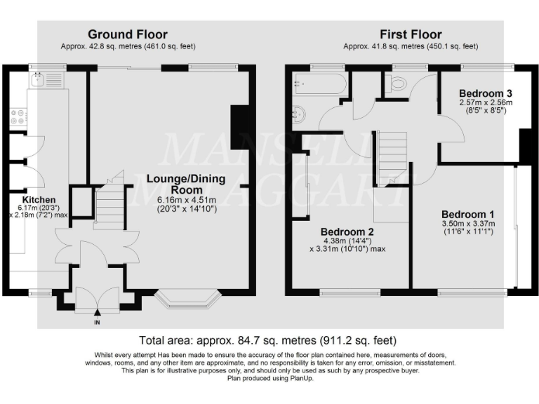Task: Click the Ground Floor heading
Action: point(128,34)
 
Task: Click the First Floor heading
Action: point(411,34)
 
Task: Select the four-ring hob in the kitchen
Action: point(18,117)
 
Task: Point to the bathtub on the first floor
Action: point(320,83)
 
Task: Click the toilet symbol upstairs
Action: point(396,83)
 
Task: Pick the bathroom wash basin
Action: point(298,114)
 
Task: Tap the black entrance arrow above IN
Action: point(98,312)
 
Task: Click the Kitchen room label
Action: point(39,200)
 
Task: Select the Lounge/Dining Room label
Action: point(186,184)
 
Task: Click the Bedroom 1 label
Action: point(468,215)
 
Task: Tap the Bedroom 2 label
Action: point(347,232)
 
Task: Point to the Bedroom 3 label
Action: point(486,93)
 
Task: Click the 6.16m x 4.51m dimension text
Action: point(187,200)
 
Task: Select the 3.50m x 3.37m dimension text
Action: point(469,224)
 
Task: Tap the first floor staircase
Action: point(392,159)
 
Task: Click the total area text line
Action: point(268,340)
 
